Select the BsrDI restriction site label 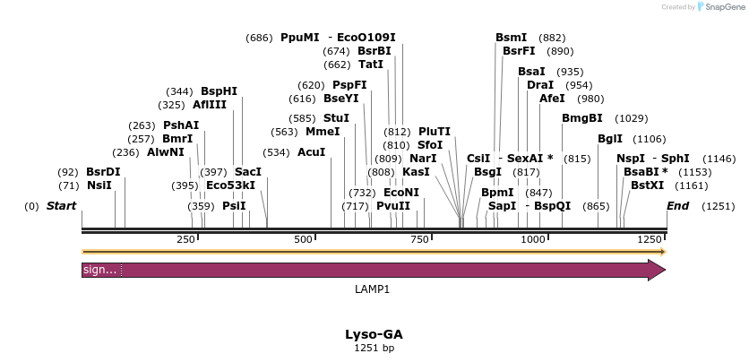click(103, 171)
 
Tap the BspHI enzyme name click(219, 91)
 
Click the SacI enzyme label click(247, 171)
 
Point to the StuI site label click(336, 118)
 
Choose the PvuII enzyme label click(393, 206)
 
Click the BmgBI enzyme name click(581, 118)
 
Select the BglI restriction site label click(610, 139)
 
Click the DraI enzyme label click(540, 85)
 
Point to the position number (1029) click(631, 118)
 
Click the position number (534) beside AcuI click(276, 152)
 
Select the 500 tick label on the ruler click(304, 239)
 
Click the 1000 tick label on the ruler click(533, 239)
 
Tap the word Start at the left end click(62, 206)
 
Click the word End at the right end click(678, 206)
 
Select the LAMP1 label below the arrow click(373, 289)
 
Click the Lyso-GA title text click(374, 333)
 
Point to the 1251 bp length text click(374, 348)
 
